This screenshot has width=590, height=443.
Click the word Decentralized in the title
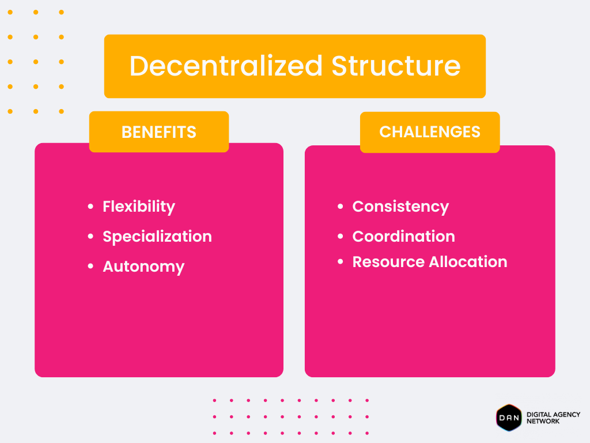[226, 66]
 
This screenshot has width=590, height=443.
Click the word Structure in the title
[396, 66]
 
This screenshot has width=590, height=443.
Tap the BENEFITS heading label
[159, 132]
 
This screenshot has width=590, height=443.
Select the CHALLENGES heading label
[430, 132]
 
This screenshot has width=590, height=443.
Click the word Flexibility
[139, 207]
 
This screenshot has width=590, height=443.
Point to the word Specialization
[157, 236]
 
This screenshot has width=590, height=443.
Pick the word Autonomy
[143, 266]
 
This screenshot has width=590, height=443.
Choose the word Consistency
[401, 207]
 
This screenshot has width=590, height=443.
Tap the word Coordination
[404, 236]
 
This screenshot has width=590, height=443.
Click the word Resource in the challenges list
[388, 262]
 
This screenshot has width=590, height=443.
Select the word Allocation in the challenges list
[468, 262]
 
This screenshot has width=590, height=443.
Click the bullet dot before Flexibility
[90, 207]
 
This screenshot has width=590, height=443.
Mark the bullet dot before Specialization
[90, 236]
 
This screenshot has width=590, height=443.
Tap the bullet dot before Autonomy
[90, 266]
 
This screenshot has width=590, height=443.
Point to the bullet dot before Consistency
[340, 207]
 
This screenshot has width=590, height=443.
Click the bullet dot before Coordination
[340, 236]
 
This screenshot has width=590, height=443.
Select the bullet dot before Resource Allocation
[340, 261]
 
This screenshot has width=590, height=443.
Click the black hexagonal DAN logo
[509, 418]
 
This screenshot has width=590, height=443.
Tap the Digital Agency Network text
[553, 418]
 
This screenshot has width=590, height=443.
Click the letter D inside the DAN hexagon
[502, 418]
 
